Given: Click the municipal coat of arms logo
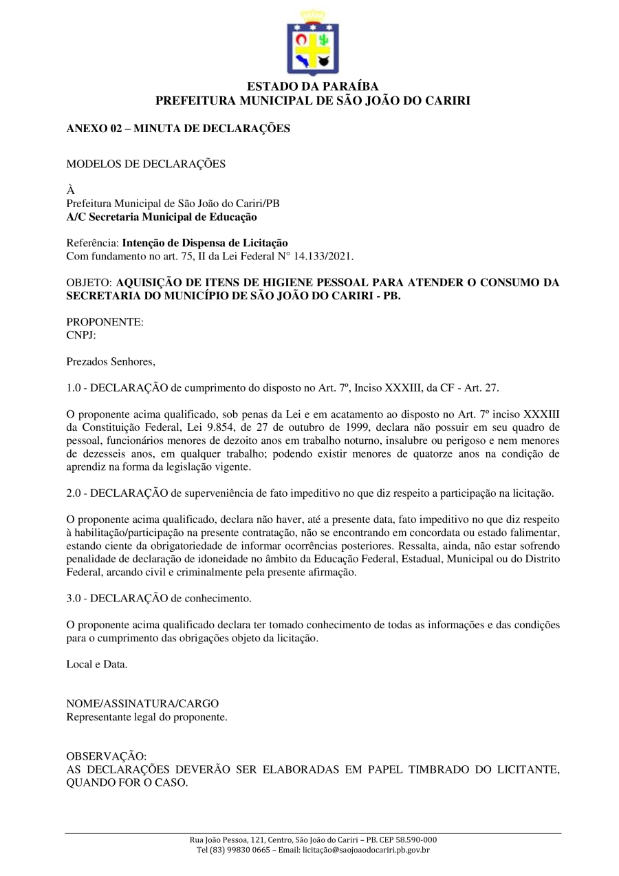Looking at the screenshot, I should (313, 43).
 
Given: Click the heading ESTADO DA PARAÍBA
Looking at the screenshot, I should (313, 87).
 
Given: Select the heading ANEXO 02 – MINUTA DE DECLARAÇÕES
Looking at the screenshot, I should (178, 129).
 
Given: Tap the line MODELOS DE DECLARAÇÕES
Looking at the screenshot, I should (146, 164).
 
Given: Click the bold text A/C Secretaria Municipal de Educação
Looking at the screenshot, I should (162, 217).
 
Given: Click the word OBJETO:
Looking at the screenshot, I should (89, 282).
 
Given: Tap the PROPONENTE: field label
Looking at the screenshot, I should (105, 321).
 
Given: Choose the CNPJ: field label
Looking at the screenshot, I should (81, 334).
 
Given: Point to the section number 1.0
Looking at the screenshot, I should (74, 387).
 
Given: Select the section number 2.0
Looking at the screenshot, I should (74, 493).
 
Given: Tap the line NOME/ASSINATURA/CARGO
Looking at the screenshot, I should (142, 704).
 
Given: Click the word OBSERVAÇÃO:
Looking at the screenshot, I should (106, 756).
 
